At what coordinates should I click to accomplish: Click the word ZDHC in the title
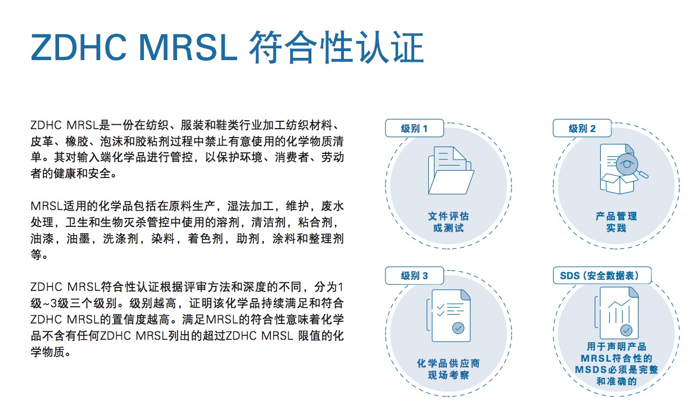tap(79, 47)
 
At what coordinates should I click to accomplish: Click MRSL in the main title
tap(188, 47)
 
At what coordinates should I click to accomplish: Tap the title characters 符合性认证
tap(337, 47)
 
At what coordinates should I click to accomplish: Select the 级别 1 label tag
tap(414, 128)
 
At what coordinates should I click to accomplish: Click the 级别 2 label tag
tap(582, 128)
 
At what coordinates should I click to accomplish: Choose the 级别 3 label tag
tap(414, 275)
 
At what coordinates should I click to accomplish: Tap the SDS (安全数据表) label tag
tap(602, 275)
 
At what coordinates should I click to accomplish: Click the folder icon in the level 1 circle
tap(451, 171)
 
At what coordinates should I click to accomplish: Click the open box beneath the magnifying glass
tap(619, 184)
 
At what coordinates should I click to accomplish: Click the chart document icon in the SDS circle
tap(617, 313)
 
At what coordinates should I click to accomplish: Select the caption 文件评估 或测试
tap(448, 222)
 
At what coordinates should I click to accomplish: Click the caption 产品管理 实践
tap(616, 222)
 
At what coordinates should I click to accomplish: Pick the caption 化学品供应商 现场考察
tap(448, 369)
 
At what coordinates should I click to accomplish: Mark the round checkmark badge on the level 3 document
tap(458, 327)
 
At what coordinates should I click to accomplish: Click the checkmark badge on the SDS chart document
tap(626, 330)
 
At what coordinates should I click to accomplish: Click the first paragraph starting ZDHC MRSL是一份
tap(187, 149)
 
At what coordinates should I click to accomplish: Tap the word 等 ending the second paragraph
tap(36, 255)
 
